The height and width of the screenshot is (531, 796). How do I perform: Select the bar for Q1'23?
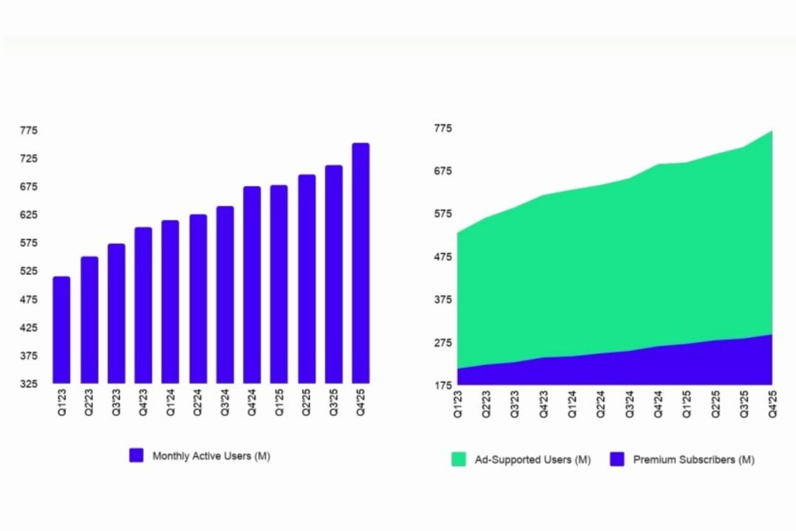click(61, 330)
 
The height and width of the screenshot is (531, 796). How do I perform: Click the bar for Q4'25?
click(360, 263)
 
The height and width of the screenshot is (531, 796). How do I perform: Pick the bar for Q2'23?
click(89, 320)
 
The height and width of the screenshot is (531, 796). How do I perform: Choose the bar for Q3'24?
click(225, 295)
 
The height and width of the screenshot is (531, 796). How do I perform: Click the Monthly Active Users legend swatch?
click(136, 456)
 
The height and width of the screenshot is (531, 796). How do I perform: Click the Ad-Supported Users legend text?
click(531, 459)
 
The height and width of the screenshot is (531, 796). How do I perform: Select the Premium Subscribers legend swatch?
click(618, 459)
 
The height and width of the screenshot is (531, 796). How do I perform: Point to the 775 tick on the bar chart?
click(28, 131)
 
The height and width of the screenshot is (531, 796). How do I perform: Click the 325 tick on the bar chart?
click(28, 384)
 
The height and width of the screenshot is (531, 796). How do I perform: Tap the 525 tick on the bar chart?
click(28, 271)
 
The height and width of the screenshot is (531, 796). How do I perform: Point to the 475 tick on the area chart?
click(442, 257)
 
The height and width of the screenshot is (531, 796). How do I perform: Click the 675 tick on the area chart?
click(442, 172)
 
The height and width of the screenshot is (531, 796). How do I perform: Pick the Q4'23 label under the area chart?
click(543, 405)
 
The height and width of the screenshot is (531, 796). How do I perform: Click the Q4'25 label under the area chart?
click(772, 405)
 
